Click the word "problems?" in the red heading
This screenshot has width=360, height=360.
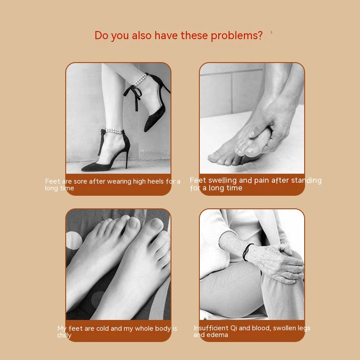(x=237, y=36)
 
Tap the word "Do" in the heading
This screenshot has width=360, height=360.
(x=101, y=36)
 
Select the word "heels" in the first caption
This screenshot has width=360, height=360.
(x=155, y=181)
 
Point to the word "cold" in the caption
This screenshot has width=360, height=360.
(x=103, y=328)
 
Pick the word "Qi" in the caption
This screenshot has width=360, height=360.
(x=234, y=328)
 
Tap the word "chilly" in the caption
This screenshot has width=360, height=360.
(x=64, y=335)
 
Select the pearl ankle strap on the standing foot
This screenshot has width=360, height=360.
(x=114, y=131)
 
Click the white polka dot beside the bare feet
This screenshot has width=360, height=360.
(x=73, y=240)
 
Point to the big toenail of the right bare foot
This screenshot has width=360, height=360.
(x=156, y=225)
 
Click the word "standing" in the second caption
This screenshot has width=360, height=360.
(x=306, y=180)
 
